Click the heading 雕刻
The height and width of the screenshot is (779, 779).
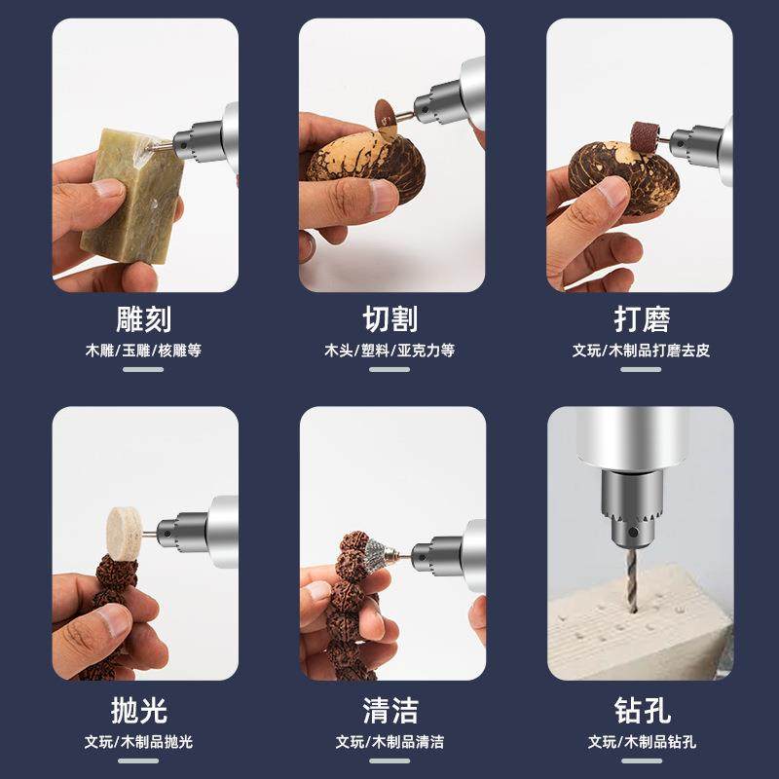[143, 318]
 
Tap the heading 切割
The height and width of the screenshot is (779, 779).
[390, 318]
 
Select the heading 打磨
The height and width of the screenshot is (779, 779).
[642, 318]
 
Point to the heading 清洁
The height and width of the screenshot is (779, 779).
[390, 709]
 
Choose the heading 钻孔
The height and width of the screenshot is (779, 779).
[642, 709]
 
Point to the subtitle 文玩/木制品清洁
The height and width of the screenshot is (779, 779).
[390, 742]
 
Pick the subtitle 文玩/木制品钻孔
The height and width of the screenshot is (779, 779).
[642, 742]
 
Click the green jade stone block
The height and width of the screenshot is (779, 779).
[130, 195]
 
